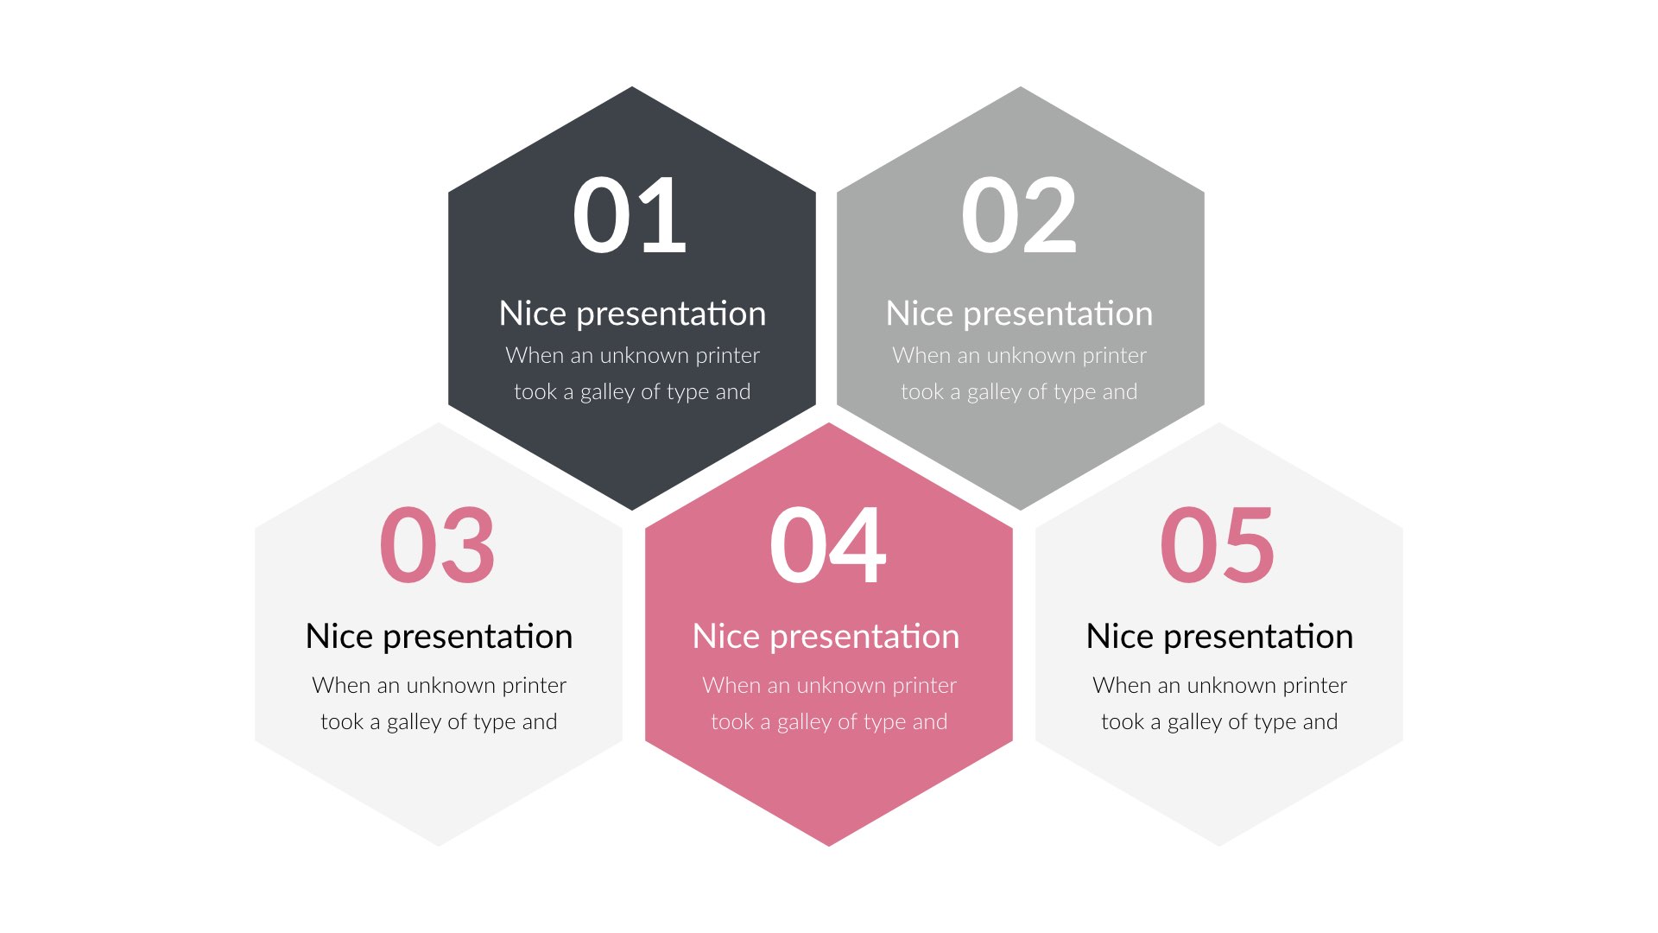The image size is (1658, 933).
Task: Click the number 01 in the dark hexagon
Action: click(630, 215)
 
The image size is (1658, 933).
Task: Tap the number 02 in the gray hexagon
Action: click(1019, 215)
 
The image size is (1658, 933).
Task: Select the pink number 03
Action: click(437, 545)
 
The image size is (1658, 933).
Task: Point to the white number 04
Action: click(827, 545)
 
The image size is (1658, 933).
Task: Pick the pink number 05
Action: click(1217, 545)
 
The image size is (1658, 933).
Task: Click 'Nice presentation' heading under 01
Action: click(632, 314)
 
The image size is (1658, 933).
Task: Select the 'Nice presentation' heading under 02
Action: click(1019, 314)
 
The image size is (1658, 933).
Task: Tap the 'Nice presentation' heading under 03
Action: click(439, 637)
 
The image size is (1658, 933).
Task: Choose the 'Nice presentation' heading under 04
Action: click(826, 637)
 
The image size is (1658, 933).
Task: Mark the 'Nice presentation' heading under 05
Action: click(1219, 637)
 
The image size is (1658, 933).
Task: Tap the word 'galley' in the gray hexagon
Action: click(994, 392)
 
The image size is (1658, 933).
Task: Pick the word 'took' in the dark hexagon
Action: click(535, 392)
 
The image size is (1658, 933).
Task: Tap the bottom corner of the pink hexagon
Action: click(829, 842)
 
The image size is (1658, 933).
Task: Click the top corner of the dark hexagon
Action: click(632, 90)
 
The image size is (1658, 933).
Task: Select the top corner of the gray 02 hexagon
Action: click(1021, 90)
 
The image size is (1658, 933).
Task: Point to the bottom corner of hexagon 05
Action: click(1219, 842)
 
